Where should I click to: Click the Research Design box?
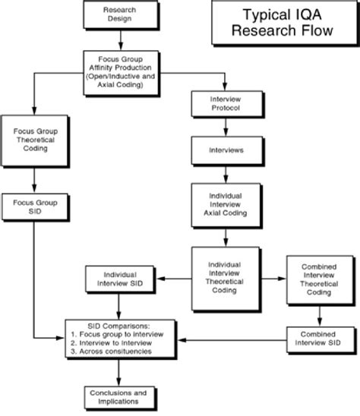point(115,14)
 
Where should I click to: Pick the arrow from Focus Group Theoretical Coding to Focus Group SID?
point(33,178)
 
